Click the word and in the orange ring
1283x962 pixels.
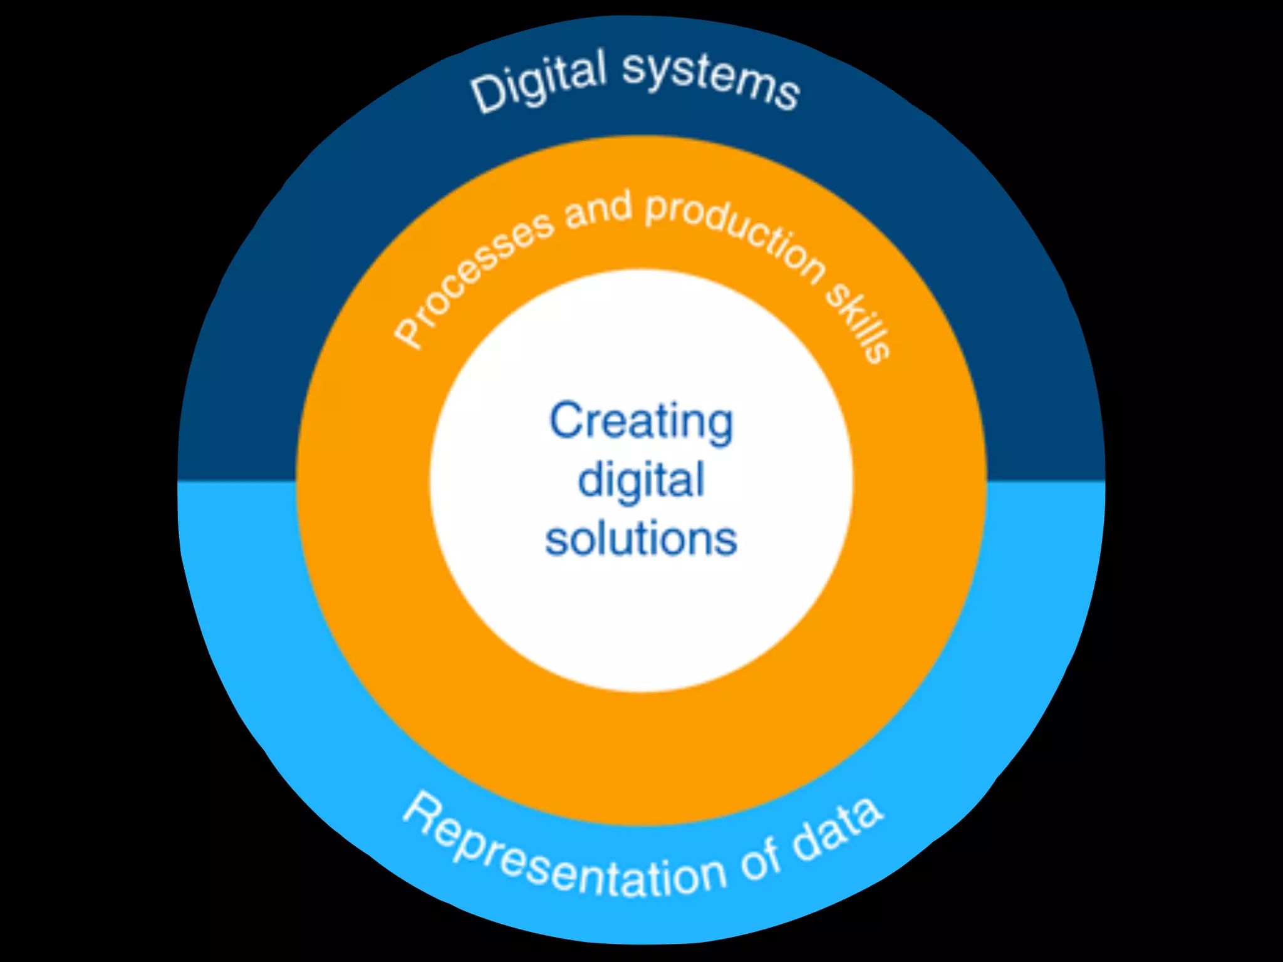click(598, 210)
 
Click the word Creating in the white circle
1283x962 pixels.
click(641, 422)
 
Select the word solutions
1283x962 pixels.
click(641, 539)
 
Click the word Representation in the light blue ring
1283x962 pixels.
click(564, 858)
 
